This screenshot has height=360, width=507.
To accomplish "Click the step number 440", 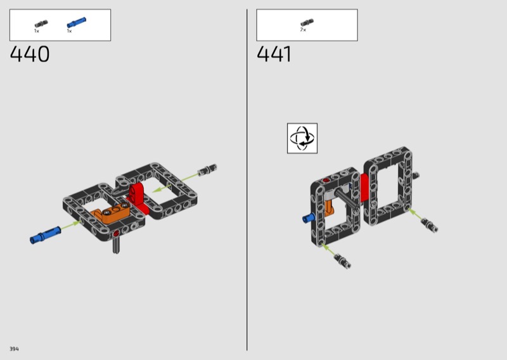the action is tap(30, 54).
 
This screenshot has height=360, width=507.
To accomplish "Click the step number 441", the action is tap(274, 54).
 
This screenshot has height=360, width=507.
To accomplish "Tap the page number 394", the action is tap(14, 349).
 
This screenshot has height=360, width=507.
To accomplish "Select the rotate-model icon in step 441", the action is tap(302, 138).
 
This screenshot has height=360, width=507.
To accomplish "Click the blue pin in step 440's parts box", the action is tap(76, 23).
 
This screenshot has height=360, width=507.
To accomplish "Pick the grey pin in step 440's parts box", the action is tap(41, 24).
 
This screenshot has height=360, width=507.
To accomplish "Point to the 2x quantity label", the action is tap(303, 30).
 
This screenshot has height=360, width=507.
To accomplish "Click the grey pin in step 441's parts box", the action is tap(307, 22).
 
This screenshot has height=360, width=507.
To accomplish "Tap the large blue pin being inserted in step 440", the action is tap(45, 235).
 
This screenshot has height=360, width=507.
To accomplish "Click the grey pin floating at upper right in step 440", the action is tap(207, 170).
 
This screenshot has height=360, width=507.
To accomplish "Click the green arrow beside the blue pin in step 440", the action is tap(70, 225).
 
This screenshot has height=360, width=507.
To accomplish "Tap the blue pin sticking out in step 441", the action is tap(308, 218).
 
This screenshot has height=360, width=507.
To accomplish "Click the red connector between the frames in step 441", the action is tap(364, 188).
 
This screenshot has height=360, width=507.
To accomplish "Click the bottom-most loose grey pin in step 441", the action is tap(343, 260).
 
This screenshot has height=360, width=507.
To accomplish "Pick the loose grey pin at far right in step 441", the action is tap(430, 225).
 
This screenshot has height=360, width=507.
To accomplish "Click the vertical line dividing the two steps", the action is tap(247, 179).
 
